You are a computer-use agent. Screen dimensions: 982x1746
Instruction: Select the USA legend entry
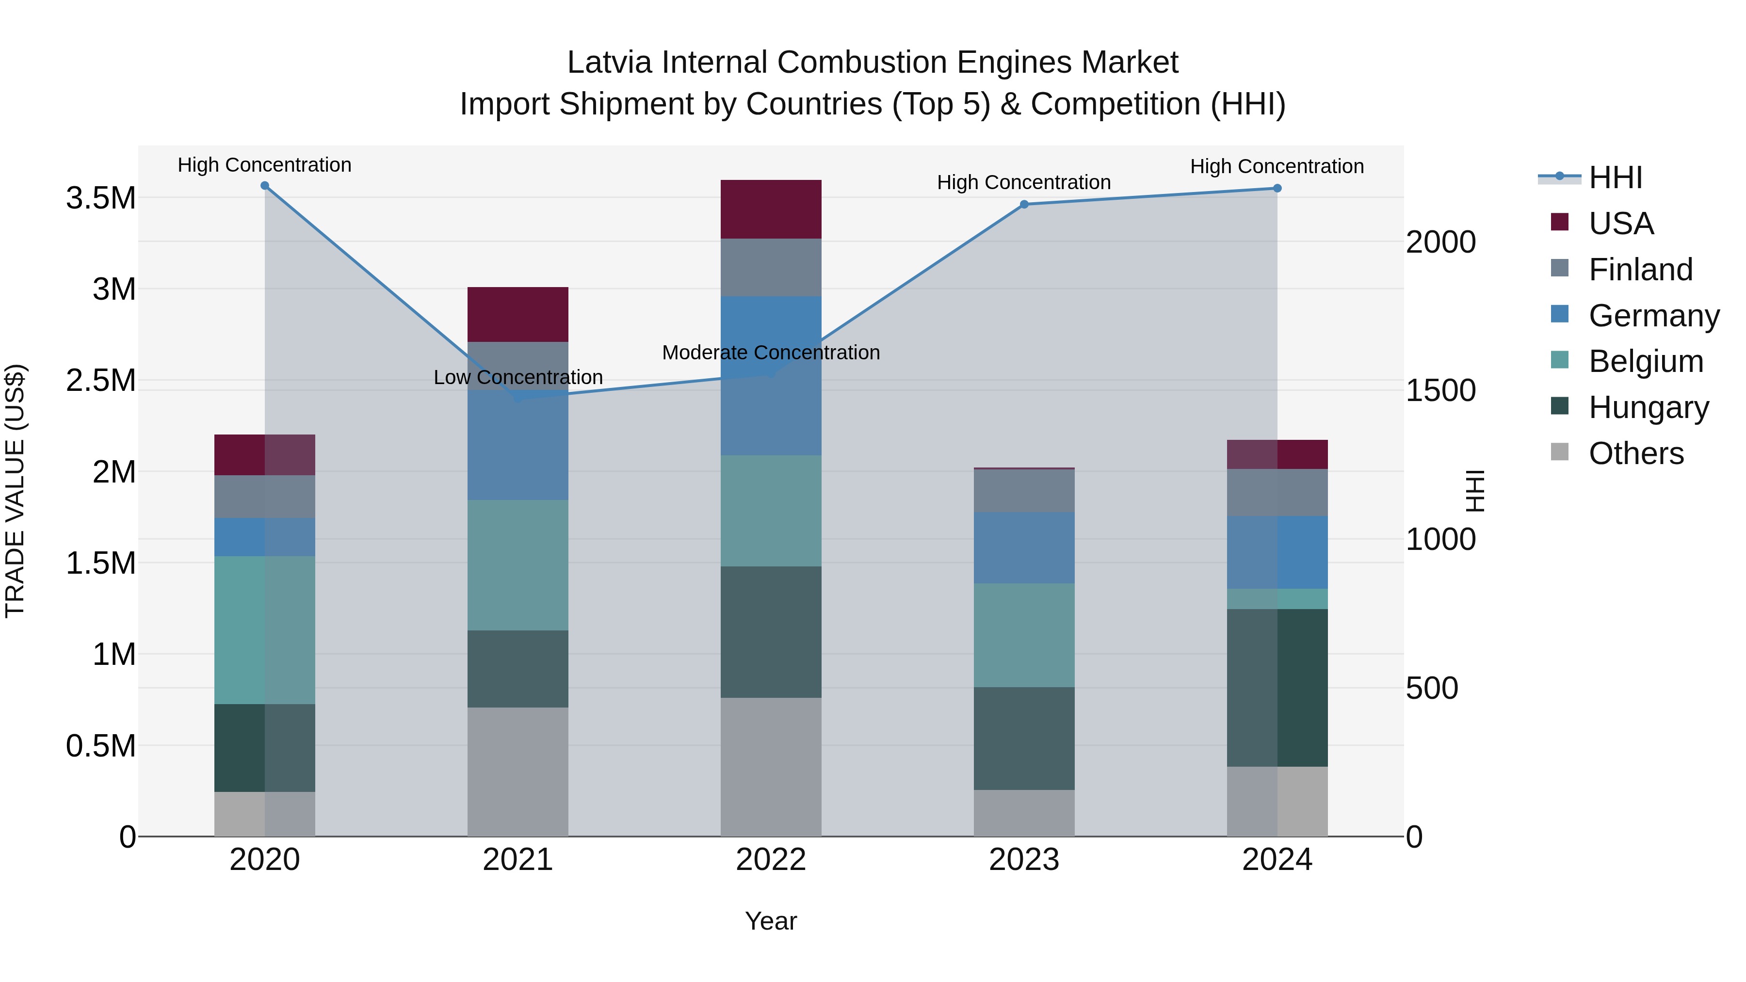pos(1620,224)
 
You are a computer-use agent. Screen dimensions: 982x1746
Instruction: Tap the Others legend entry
pos(1635,454)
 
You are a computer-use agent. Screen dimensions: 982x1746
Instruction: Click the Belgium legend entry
pos(1646,362)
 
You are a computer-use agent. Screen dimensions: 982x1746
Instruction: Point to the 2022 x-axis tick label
pos(771,860)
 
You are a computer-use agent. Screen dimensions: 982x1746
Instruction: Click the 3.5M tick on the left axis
pos(101,198)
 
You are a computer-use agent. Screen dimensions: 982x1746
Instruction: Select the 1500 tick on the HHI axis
pos(1440,391)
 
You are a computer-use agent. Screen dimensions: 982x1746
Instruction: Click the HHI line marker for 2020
pos(265,186)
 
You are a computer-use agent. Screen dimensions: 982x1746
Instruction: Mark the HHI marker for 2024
pos(1277,189)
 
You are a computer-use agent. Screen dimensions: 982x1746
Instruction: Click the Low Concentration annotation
pos(518,377)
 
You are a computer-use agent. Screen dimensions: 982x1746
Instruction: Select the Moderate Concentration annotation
pos(771,353)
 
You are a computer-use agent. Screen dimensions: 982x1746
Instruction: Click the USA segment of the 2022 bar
pos(771,209)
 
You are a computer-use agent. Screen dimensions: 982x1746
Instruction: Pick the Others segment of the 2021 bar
pos(518,772)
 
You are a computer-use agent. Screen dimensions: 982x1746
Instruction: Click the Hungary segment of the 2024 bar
pos(1277,688)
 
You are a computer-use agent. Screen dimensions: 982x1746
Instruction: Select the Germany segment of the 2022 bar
pos(771,376)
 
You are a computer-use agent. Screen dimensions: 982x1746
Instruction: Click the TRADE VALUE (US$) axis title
pos(15,491)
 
